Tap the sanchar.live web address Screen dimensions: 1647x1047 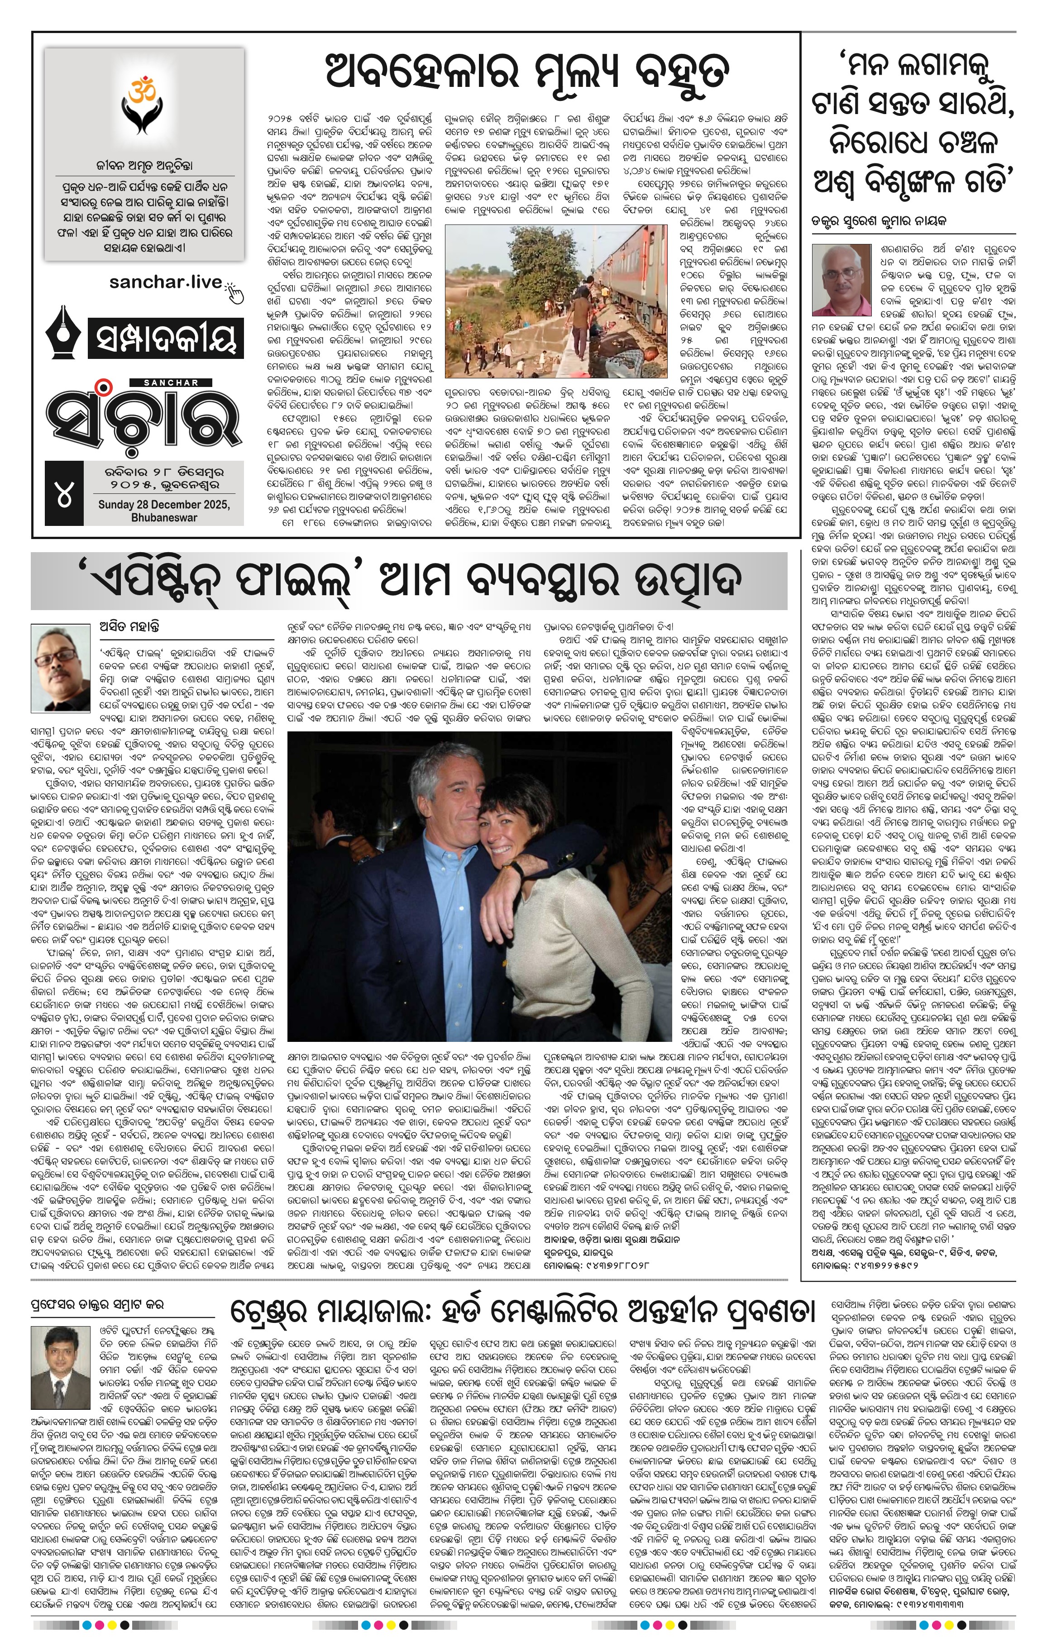coord(165,282)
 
